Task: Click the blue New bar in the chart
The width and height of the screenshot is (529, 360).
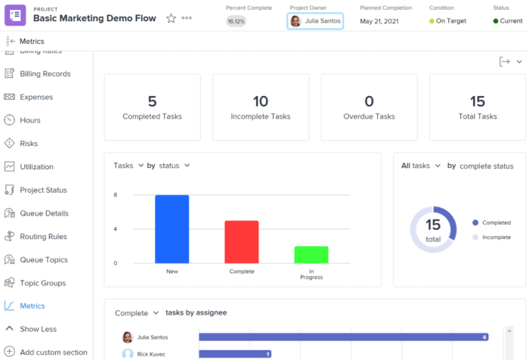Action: tap(172, 229)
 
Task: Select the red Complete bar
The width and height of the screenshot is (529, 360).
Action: tap(242, 242)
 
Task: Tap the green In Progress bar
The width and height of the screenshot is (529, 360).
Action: tap(311, 254)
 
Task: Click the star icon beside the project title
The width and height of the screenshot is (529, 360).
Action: tap(171, 18)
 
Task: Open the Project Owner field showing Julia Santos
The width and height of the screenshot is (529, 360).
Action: tap(315, 20)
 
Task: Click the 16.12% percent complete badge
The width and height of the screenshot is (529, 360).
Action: tap(236, 21)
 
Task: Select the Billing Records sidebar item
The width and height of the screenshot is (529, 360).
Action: tap(45, 73)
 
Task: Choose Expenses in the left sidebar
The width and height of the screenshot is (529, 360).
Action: tap(36, 97)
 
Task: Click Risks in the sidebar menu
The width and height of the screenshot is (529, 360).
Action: tap(29, 144)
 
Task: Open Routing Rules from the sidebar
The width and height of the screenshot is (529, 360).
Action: tap(43, 237)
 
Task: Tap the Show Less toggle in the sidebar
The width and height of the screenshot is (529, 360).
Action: tap(38, 329)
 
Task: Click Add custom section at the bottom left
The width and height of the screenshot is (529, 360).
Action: tap(53, 352)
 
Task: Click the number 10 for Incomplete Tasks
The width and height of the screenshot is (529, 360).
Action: tap(261, 101)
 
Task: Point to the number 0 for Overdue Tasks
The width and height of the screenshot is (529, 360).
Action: tap(369, 101)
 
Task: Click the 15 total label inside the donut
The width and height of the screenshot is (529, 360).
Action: tap(433, 230)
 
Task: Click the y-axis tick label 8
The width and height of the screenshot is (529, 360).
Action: tap(115, 195)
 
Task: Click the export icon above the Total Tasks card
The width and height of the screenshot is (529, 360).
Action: tap(505, 62)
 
